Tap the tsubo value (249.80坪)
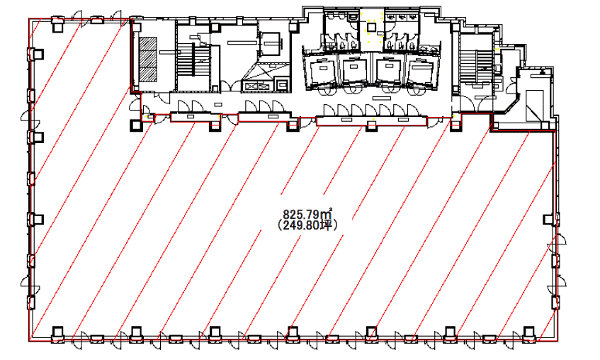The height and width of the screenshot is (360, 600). pyautogui.click(x=308, y=226)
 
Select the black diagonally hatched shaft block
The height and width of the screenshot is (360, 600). pyautogui.click(x=148, y=59)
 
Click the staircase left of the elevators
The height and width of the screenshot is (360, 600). pyautogui.click(x=194, y=63)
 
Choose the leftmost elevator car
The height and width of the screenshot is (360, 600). pyautogui.click(x=321, y=72)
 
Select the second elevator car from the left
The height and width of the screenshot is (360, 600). pyautogui.click(x=354, y=70)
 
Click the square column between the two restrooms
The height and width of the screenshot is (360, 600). pyautogui.click(x=371, y=27)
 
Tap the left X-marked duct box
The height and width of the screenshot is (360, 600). pyautogui.click(x=250, y=86)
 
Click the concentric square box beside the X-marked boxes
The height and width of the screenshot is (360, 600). pyautogui.click(x=283, y=84)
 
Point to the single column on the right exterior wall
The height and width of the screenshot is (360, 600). pyautogui.click(x=549, y=220)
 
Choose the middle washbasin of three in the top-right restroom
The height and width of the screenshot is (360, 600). pyautogui.click(x=402, y=17)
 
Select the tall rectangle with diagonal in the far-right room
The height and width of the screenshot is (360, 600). pyautogui.click(x=534, y=106)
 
